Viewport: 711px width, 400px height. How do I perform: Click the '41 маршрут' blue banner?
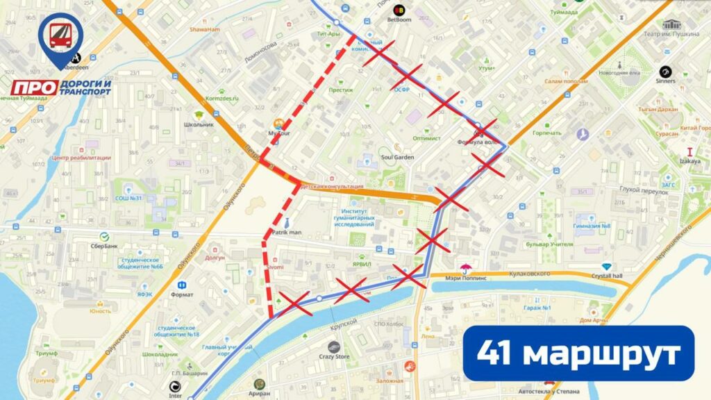coord(578,353)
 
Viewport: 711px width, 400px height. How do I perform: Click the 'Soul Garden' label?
coord(398,158)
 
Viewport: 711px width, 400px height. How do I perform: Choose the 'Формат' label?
coord(181,294)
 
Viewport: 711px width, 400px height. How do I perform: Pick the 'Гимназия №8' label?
coord(592,226)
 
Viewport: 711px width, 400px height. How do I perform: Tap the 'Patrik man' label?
coord(285,233)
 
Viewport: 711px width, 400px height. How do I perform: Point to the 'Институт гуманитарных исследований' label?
coord(358,217)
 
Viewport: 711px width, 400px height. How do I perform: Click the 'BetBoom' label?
coord(399,20)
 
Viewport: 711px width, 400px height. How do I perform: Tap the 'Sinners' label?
coord(664,81)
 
